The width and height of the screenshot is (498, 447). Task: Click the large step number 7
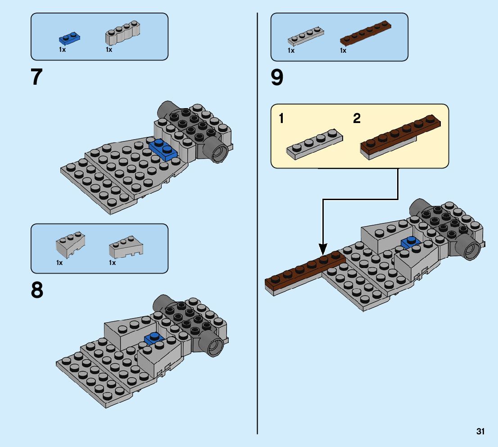pyautogui.click(x=37, y=78)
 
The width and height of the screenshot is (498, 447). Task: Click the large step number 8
pyautogui.click(x=37, y=290)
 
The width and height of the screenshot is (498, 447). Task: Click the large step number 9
pyautogui.click(x=277, y=78)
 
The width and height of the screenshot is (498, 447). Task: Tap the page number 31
pyautogui.click(x=480, y=431)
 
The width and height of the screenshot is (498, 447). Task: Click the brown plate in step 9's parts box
pyautogui.click(x=364, y=34)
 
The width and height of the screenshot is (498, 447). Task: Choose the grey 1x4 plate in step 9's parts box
pyautogui.click(x=306, y=37)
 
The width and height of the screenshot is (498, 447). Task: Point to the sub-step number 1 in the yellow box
pyautogui.click(x=281, y=119)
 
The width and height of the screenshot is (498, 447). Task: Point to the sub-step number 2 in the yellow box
pyautogui.click(x=357, y=119)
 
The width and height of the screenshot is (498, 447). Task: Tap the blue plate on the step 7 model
pyautogui.click(x=163, y=149)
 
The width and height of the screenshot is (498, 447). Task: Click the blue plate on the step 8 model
pyautogui.click(x=154, y=338)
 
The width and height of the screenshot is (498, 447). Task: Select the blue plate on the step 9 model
pyautogui.click(x=410, y=242)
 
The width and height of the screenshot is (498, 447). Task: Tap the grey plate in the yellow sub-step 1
pyautogui.click(x=314, y=143)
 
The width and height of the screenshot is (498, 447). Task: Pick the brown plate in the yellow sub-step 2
pyautogui.click(x=400, y=135)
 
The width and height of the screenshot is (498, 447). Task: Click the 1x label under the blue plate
pyautogui.click(x=62, y=50)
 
